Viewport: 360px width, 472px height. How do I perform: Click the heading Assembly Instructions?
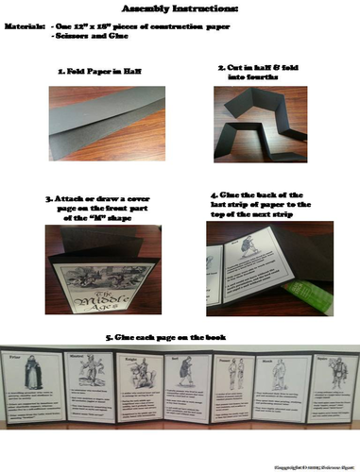(x=180, y=8)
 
